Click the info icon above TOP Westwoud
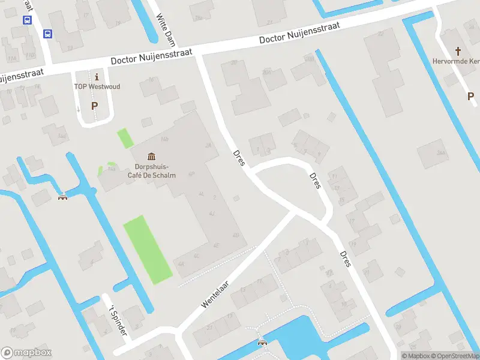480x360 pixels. point(97,77)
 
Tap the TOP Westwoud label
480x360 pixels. point(97,87)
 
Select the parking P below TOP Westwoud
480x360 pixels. point(94,106)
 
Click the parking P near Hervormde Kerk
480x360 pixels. point(470,96)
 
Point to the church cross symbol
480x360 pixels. point(459,51)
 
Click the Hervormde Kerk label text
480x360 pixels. point(456,61)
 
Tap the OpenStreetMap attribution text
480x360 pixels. point(456,356)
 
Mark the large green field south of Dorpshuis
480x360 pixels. point(147,249)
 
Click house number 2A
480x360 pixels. point(208,145)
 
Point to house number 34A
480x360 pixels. point(442,154)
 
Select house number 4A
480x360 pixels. point(181,264)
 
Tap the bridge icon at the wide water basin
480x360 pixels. point(262,343)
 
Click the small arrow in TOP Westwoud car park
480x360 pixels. point(78,109)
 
